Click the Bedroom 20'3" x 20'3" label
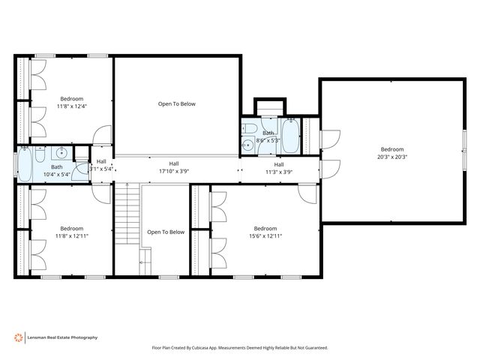(393, 153)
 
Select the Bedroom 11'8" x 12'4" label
(72, 103)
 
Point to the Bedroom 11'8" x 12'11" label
(72, 232)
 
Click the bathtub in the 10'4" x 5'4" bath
(26, 166)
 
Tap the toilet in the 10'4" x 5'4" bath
(82, 166)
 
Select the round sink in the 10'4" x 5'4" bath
(62, 154)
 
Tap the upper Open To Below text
(176, 104)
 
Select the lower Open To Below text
(166, 232)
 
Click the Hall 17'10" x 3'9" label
(173, 167)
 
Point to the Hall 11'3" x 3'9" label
(278, 168)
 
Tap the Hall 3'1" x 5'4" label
(101, 166)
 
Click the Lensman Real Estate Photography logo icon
(19, 337)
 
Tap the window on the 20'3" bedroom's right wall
(464, 160)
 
